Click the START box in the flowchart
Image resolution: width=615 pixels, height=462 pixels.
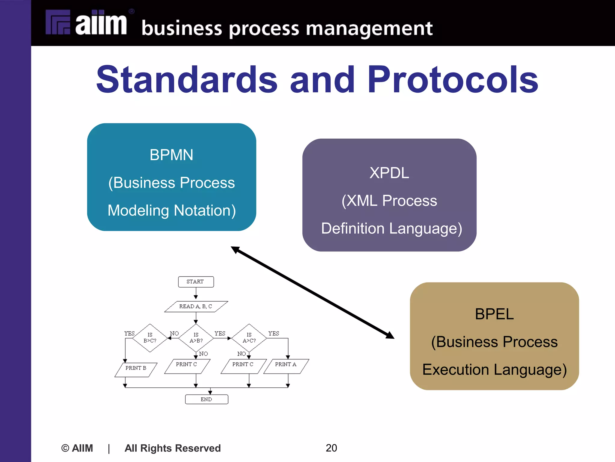point(196,282)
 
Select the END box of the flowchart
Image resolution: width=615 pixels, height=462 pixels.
point(207,399)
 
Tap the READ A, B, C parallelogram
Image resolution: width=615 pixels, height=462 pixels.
point(196,306)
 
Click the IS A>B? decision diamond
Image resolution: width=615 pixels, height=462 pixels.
point(196,338)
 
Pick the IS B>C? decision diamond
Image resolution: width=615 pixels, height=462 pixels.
point(150,338)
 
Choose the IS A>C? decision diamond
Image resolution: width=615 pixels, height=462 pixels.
point(249,338)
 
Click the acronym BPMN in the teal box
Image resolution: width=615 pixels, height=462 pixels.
point(171,155)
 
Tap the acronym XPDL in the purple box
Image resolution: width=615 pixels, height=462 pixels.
point(389,173)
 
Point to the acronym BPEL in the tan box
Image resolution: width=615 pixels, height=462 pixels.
point(494,314)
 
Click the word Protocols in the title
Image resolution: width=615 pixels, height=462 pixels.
point(453,80)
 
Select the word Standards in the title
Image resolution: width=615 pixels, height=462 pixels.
point(187,80)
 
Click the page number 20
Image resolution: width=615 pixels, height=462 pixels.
point(331,448)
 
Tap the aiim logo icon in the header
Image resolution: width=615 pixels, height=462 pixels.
point(58,22)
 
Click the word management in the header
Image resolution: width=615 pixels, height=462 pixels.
point(369,29)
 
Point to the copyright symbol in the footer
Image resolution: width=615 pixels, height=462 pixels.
point(65,448)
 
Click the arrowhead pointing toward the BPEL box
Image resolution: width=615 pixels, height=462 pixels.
point(390,336)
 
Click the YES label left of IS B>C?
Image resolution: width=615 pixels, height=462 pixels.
point(129,333)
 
